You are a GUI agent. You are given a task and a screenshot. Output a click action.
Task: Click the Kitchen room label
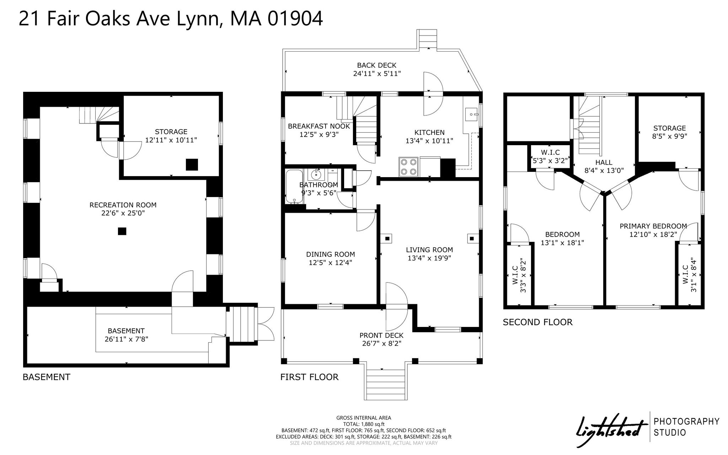[x=429, y=132]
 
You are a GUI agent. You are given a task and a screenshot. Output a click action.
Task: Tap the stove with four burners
[x=409, y=166]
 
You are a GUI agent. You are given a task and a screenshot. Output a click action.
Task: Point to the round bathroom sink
[x=316, y=175]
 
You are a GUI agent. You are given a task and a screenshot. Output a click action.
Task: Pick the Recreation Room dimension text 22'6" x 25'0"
[x=123, y=213]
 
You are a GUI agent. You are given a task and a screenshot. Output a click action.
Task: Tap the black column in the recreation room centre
[x=122, y=231]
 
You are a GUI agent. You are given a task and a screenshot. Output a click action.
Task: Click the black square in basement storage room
[x=192, y=164]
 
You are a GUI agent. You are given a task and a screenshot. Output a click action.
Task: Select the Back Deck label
[x=377, y=65]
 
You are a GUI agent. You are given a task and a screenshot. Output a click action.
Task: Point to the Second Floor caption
[x=537, y=322]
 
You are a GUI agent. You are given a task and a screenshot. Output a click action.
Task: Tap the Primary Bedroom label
[x=653, y=226]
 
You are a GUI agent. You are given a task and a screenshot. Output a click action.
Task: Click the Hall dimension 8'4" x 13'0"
[x=604, y=170]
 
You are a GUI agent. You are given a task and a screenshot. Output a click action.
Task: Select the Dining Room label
[x=331, y=254]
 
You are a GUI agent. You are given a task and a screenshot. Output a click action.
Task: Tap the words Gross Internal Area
[x=364, y=418]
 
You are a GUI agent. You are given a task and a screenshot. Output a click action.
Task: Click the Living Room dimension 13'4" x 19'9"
[x=429, y=258]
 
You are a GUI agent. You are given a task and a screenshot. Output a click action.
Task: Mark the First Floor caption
[x=309, y=377]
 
